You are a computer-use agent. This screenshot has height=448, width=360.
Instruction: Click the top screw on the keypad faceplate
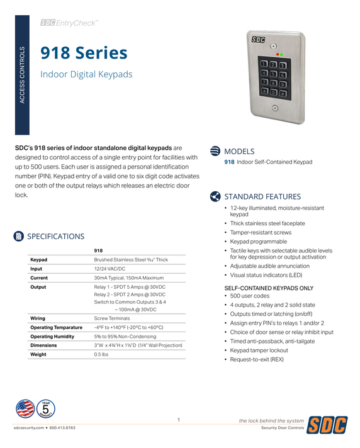274,46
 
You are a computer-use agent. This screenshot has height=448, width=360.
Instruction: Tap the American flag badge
25,409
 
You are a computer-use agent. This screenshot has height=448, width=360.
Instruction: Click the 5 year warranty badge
46,409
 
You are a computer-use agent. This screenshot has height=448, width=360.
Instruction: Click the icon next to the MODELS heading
215,151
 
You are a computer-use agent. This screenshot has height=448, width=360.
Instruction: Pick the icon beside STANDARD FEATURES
215,196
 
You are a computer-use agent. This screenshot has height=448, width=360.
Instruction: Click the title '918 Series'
84,53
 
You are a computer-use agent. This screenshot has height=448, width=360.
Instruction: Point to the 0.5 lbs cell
101,354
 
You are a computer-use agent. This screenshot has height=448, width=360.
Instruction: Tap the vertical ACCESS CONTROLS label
23,75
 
